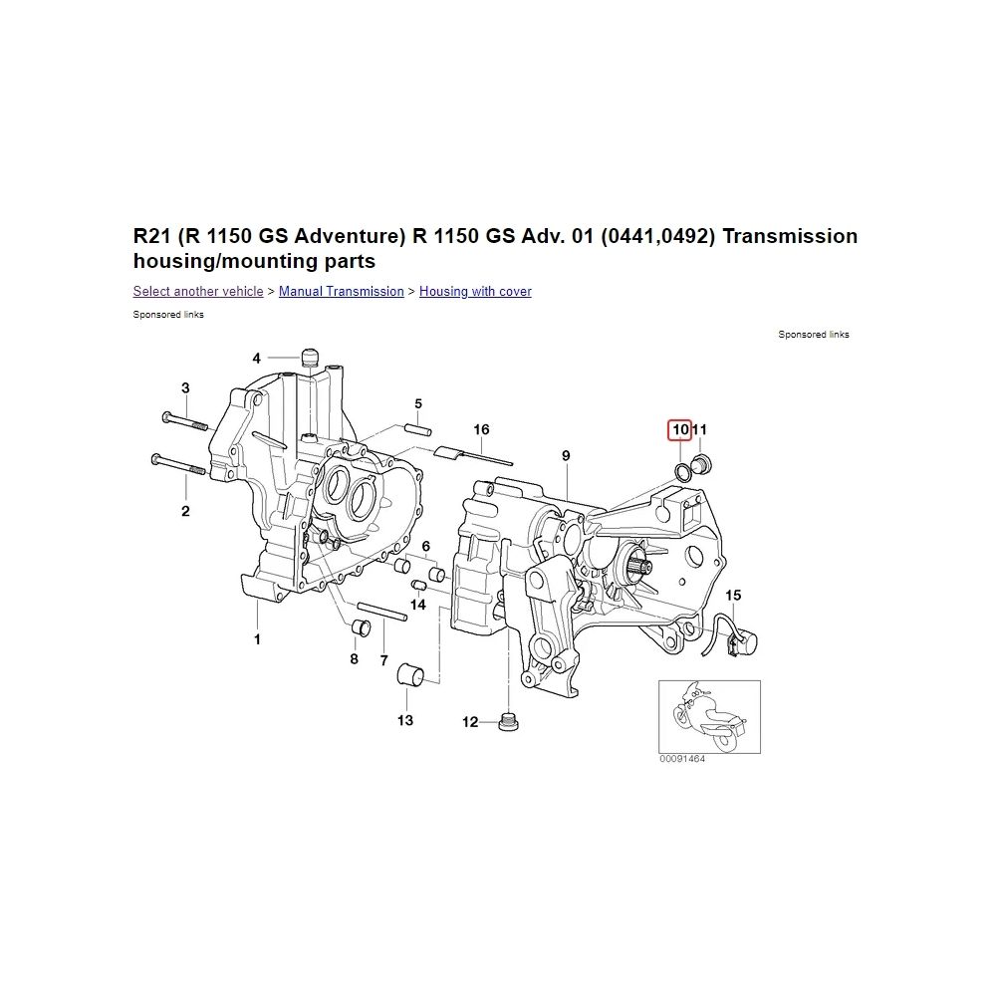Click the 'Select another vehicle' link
(x=198, y=292)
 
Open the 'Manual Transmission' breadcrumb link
(x=341, y=292)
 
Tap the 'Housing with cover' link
(x=475, y=292)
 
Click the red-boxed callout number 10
(x=679, y=430)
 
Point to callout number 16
(x=481, y=430)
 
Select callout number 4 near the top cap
(x=257, y=359)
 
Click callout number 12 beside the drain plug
(x=470, y=722)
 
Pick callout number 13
(x=405, y=720)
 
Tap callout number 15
(x=733, y=596)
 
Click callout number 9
(x=566, y=455)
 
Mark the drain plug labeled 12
(x=506, y=722)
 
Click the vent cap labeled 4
(x=310, y=357)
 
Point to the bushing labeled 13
(x=409, y=674)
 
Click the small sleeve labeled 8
(x=361, y=626)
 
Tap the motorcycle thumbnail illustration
(x=709, y=717)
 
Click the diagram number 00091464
(x=682, y=758)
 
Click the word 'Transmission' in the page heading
(x=790, y=236)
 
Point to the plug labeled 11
(x=703, y=464)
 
